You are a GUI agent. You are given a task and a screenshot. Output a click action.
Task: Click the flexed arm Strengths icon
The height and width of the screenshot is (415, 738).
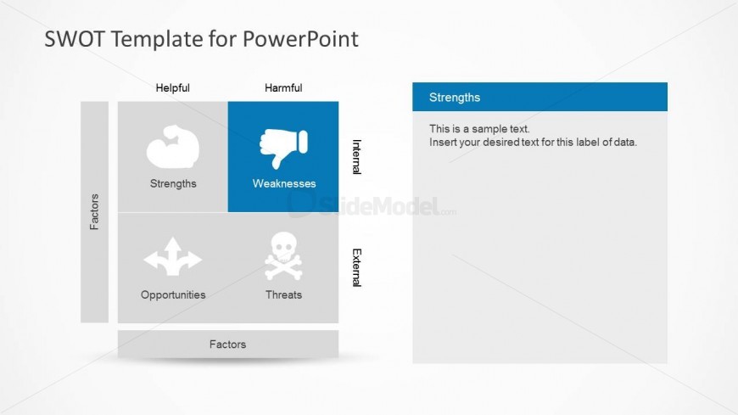173,147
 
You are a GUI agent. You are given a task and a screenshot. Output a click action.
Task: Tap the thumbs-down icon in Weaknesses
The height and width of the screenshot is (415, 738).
283,148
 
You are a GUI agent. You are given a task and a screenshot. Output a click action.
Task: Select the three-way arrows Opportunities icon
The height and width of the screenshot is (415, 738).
173,257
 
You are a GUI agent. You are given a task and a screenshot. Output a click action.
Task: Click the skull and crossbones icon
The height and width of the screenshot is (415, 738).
283,255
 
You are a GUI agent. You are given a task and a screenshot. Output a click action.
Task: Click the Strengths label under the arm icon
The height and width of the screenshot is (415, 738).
173,183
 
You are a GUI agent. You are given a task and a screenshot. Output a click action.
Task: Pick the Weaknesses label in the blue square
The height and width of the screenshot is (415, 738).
284,183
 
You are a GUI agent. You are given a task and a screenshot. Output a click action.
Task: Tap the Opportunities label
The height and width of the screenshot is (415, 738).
173,294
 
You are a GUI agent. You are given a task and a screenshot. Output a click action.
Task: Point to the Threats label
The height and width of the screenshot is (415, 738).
283,294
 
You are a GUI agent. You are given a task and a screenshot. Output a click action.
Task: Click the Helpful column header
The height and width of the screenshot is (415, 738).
173,88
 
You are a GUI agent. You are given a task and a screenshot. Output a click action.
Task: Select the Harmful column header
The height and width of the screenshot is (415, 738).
283,88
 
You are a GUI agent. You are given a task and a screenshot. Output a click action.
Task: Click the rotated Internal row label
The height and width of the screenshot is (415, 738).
357,157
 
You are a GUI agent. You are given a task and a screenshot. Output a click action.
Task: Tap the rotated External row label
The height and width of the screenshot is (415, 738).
357,267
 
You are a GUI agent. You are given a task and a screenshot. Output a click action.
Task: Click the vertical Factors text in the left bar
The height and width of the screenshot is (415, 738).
95,212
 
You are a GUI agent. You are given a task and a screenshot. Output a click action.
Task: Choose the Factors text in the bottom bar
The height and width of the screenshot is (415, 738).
228,345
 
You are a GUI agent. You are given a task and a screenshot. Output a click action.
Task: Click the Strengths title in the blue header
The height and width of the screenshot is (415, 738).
455,98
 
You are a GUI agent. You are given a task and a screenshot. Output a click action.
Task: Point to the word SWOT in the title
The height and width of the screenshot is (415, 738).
74,39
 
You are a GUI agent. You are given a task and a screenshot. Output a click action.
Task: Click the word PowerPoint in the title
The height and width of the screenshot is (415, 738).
300,39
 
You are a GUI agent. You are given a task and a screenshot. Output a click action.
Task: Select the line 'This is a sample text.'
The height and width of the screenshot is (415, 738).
479,129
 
